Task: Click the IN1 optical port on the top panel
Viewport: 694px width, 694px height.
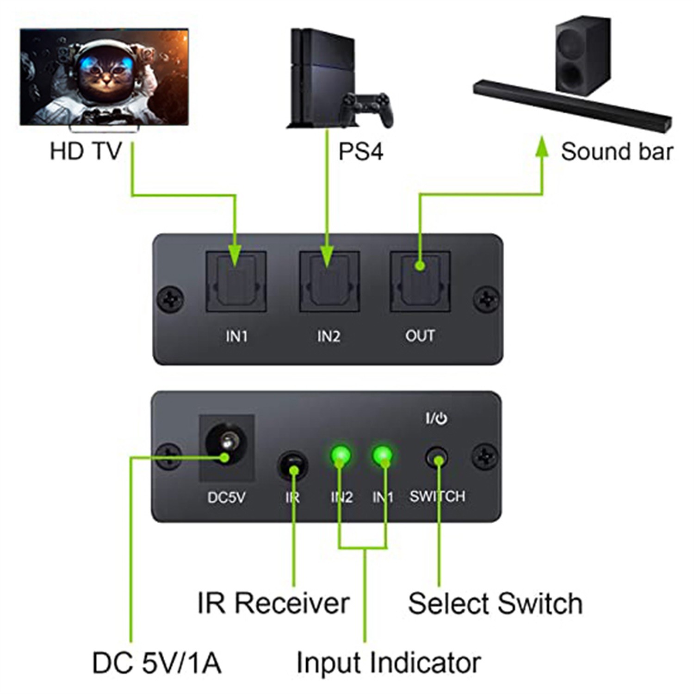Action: (235, 282)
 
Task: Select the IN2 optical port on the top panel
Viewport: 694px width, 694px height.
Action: (329, 282)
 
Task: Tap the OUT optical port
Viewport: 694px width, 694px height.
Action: (420, 282)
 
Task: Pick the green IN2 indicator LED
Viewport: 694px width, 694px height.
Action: (341, 455)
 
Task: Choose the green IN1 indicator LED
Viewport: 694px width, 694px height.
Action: (383, 455)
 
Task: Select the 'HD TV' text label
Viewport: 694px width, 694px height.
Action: (86, 151)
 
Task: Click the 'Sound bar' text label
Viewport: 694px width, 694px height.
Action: (617, 152)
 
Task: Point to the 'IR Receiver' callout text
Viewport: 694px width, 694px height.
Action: (273, 603)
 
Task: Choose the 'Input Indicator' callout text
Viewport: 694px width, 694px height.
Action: (388, 663)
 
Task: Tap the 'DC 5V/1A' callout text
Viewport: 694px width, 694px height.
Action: (156, 663)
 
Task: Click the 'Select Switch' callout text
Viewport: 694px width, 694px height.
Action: (495, 604)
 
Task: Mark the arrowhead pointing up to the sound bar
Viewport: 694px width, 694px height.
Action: (542, 148)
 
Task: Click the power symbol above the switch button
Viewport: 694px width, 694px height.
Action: (441, 419)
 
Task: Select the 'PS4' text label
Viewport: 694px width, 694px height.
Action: (361, 152)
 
